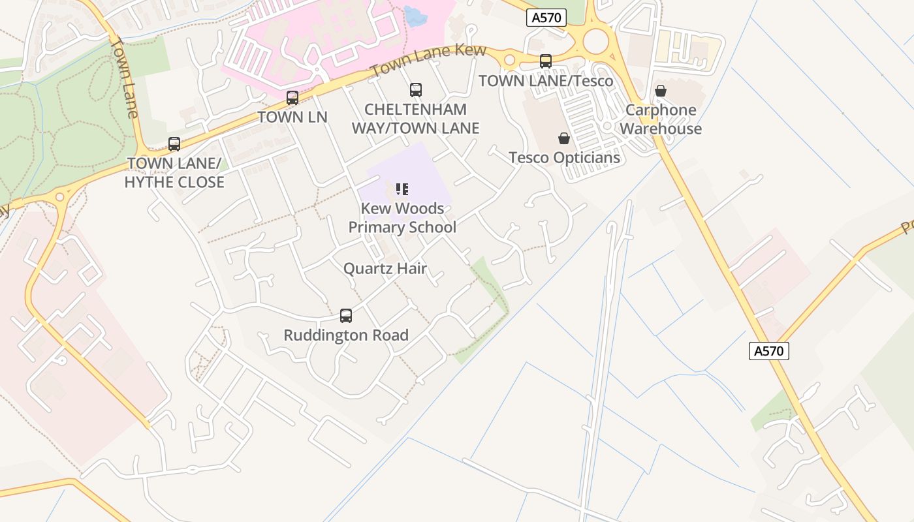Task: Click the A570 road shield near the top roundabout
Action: point(546,18)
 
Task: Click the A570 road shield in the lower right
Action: point(768,351)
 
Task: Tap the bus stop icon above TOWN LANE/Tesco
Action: point(546,61)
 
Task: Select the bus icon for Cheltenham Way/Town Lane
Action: point(416,90)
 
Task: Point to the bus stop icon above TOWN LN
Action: point(292,98)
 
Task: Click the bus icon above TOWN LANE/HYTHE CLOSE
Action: point(174,144)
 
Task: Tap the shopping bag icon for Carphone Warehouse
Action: point(661,91)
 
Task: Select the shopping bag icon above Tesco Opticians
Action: point(564,138)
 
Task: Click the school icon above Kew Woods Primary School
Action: point(402,190)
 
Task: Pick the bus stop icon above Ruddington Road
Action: point(346,316)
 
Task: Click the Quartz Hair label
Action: point(385,268)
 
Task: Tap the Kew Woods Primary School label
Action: point(402,218)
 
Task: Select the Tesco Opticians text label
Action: point(564,158)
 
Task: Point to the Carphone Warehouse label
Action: point(661,119)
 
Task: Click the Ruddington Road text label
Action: point(346,335)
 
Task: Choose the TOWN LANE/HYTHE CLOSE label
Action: point(174,173)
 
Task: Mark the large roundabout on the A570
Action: point(595,41)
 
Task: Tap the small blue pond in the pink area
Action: point(415,15)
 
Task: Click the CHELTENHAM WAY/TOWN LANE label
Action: point(416,119)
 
